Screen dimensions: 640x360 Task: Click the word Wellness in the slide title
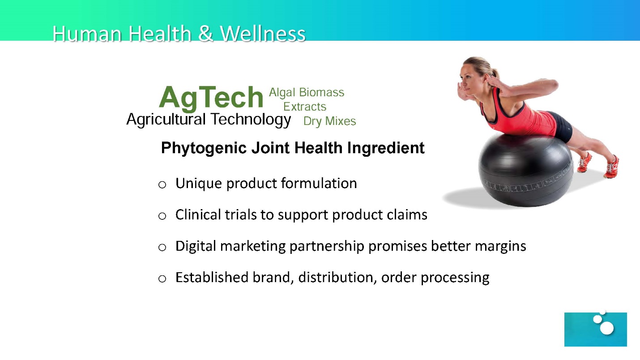point(263,34)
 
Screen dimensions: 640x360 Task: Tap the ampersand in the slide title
point(205,34)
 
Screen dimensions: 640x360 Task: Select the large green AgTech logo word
point(211,98)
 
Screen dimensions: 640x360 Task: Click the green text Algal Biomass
point(307,93)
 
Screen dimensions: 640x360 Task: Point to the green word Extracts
point(305,107)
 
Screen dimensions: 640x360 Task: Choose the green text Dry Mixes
point(329,121)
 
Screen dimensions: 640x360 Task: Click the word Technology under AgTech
point(251,120)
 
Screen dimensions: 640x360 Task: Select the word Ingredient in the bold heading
point(386,148)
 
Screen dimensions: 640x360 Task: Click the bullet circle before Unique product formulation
point(162,185)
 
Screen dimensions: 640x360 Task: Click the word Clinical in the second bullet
point(198,215)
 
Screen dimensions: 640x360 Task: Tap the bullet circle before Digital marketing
point(162,247)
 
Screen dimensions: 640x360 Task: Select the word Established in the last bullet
point(212,277)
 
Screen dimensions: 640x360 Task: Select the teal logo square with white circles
point(596,330)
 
